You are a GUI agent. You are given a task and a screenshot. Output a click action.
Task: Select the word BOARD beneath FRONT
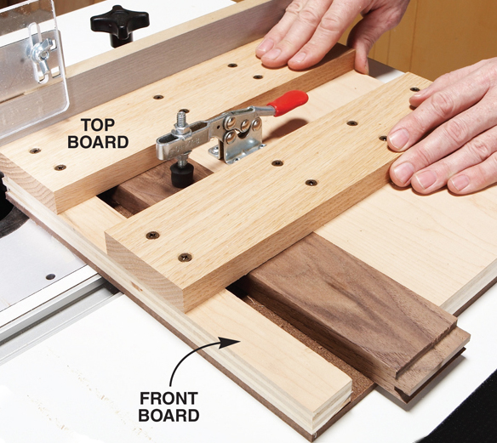(x=170, y=416)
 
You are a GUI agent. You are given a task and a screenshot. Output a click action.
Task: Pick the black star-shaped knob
(x=119, y=24)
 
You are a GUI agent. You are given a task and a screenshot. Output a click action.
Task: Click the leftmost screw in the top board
(x=35, y=151)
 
